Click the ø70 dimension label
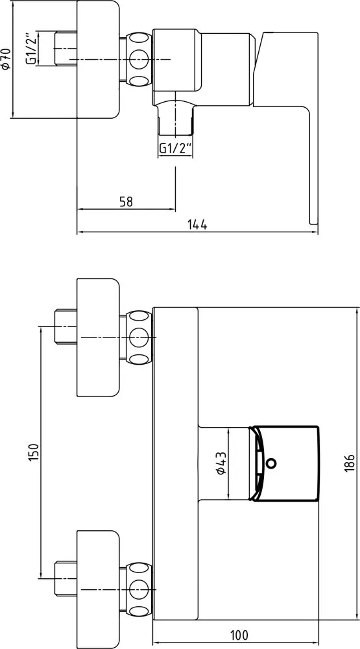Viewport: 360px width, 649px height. click(x=6, y=59)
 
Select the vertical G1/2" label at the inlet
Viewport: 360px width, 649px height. click(x=32, y=48)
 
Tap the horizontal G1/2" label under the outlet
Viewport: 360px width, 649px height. click(x=175, y=147)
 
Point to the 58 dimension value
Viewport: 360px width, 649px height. click(x=126, y=202)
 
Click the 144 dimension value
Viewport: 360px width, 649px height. click(x=197, y=225)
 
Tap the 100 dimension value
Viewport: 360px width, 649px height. click(x=239, y=634)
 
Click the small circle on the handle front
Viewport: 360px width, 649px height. click(x=272, y=463)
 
